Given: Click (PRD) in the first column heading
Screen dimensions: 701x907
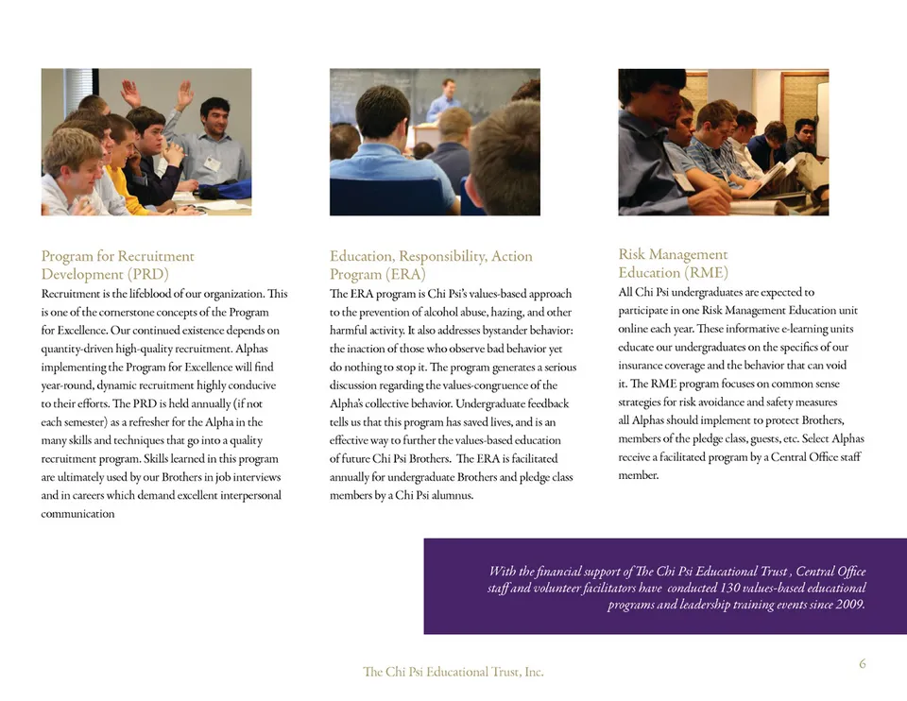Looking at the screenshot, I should tap(148, 275).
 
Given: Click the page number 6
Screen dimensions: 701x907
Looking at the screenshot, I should tap(862, 664).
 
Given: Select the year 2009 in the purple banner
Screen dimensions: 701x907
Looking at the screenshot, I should tap(849, 605).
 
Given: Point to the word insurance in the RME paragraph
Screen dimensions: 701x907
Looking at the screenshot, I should tap(650, 366).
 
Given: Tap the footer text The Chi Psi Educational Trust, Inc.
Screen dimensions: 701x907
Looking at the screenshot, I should tap(453, 672).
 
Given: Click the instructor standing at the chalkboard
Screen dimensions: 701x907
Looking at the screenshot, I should tap(445, 99).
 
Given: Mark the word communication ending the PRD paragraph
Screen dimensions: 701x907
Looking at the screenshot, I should tap(78, 514).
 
